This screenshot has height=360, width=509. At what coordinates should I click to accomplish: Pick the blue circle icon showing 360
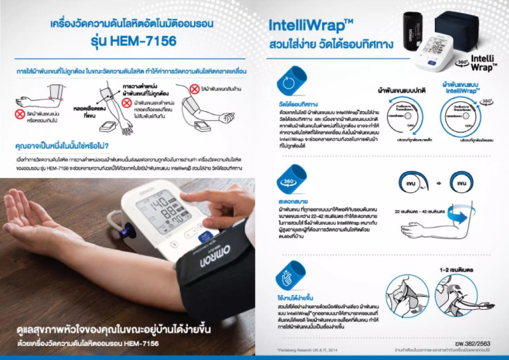[291, 181]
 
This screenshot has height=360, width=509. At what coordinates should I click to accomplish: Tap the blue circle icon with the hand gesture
[291, 276]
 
